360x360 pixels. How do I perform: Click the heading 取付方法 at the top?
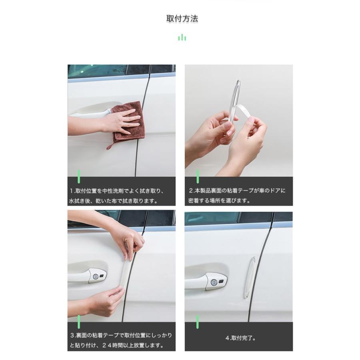point(182,18)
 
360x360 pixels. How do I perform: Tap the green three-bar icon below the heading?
point(182,38)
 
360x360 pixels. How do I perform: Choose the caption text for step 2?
point(238,196)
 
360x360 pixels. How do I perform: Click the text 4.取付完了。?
point(240,338)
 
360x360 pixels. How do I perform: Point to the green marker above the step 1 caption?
point(79,176)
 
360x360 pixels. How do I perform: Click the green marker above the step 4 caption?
point(197,321)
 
